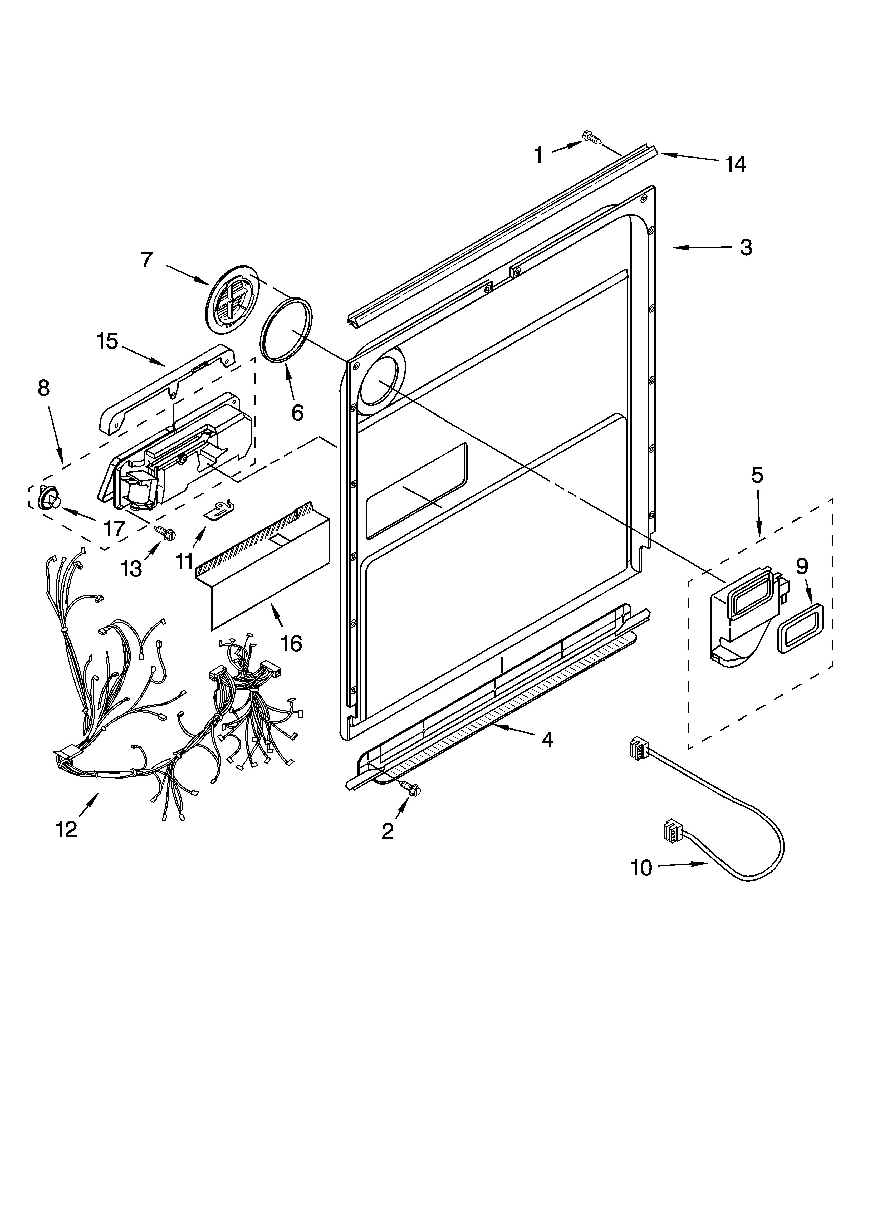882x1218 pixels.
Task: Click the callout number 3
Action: pyautogui.click(x=746, y=248)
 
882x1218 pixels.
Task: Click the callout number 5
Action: pyautogui.click(x=757, y=475)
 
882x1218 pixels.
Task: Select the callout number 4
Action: pyautogui.click(x=547, y=740)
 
